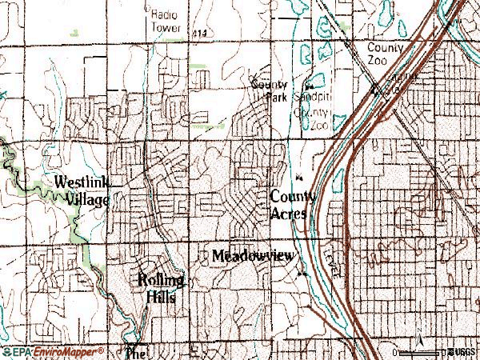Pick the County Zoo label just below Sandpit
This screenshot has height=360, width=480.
pos(311,120)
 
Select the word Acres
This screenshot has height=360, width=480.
pos(289,214)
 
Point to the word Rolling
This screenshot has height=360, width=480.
pos(162,280)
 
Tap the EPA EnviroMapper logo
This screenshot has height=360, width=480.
pos(53,351)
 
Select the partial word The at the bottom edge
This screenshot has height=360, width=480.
pos(136,352)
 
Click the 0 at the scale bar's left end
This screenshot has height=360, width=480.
pos(394,352)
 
